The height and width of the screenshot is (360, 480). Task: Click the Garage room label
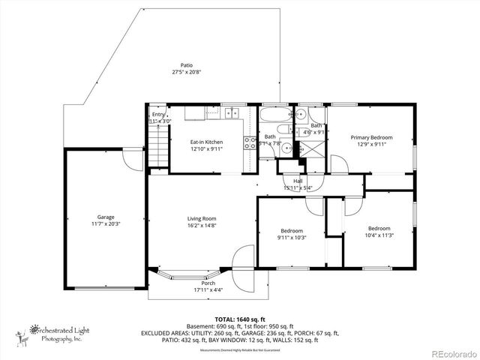coord(105,217)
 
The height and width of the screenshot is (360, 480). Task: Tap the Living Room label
coord(202,218)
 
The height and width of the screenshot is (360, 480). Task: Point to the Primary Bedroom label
coord(371,137)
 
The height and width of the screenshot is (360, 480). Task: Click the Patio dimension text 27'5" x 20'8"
coord(186,73)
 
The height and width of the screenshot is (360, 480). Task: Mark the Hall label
coord(298,181)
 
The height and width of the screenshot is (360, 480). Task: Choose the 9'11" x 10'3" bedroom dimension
coord(292,237)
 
